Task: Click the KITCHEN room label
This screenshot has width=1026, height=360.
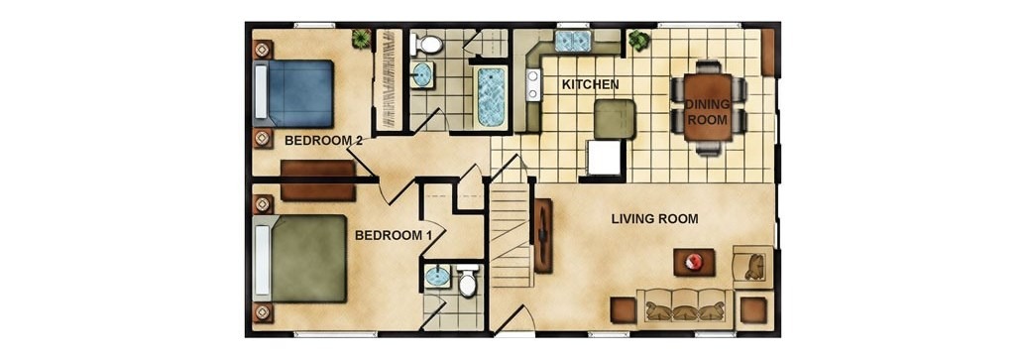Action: pyautogui.click(x=590, y=84)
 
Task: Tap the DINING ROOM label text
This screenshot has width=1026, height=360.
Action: pyautogui.click(x=708, y=111)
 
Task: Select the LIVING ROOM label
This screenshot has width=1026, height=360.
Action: pyautogui.click(x=654, y=218)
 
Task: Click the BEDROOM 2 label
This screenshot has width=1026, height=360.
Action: pyautogui.click(x=323, y=140)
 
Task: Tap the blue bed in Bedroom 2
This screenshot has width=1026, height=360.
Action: pyautogui.click(x=293, y=93)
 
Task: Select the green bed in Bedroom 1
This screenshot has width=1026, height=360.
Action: pyautogui.click(x=300, y=259)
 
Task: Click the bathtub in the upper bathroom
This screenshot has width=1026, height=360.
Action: pyautogui.click(x=491, y=97)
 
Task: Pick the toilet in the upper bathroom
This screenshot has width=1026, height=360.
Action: pyautogui.click(x=426, y=45)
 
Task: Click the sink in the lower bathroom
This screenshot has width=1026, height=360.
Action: pyautogui.click(x=437, y=277)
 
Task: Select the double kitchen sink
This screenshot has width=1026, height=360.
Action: pyautogui.click(x=573, y=42)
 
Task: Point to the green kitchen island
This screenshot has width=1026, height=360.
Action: pyautogui.click(x=615, y=118)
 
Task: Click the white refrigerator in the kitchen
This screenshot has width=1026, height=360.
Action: pyautogui.click(x=604, y=158)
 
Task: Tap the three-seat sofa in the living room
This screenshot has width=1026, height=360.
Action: pyautogui.click(x=685, y=305)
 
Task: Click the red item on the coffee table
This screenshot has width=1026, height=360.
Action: pyautogui.click(x=693, y=263)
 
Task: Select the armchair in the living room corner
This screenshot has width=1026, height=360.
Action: pyautogui.click(x=753, y=265)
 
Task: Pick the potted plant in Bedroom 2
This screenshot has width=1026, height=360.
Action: pyautogui.click(x=361, y=39)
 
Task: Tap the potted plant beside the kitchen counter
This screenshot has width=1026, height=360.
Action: pyautogui.click(x=638, y=42)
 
